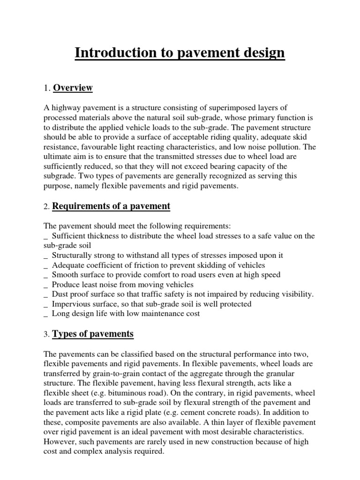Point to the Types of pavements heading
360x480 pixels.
(93, 334)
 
